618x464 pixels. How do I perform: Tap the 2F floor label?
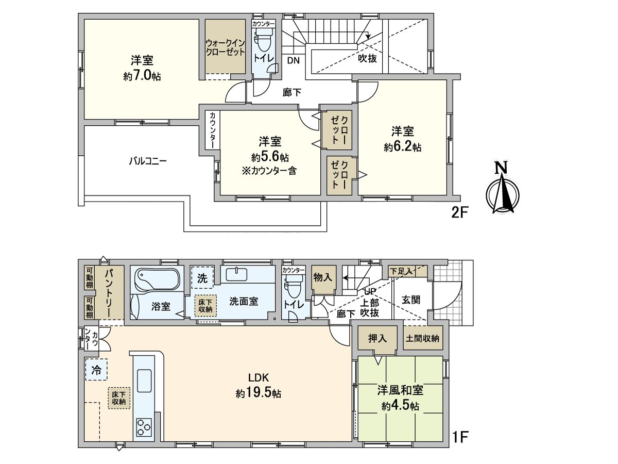pyautogui.click(x=459, y=213)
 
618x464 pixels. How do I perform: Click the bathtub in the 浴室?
pyautogui.click(x=157, y=279)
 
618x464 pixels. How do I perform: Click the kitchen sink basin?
pyautogui.click(x=144, y=380)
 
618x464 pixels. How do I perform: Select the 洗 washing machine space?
pyautogui.click(x=202, y=278)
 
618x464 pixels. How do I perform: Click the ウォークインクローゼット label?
pyautogui.click(x=225, y=47)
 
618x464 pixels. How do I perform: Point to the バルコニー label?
pyautogui.click(x=147, y=161)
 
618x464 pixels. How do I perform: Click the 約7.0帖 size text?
pyautogui.click(x=142, y=76)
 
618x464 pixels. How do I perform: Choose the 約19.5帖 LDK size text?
pyautogui.click(x=258, y=393)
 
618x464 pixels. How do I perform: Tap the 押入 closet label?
pyautogui.click(x=377, y=339)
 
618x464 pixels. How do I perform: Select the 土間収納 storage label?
pyautogui.click(x=422, y=338)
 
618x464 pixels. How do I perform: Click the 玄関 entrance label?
pyautogui.click(x=411, y=300)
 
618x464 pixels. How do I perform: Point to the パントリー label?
pyautogui.click(x=109, y=293)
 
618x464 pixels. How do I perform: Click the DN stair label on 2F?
pyautogui.click(x=294, y=60)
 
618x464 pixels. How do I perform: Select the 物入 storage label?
pyautogui.click(x=323, y=278)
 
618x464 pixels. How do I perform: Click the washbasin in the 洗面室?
pyautogui.click(x=237, y=274)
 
